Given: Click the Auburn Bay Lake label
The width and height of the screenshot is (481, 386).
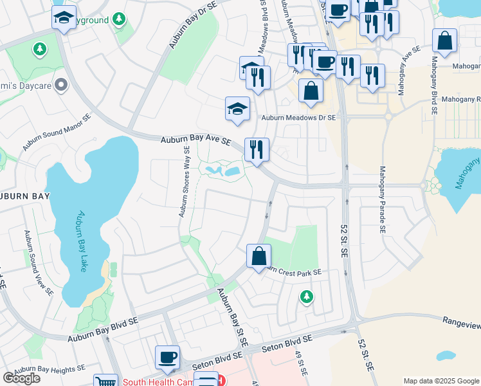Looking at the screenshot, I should [x=81, y=241].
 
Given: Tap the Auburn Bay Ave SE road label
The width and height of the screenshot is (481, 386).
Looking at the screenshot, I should [x=195, y=140].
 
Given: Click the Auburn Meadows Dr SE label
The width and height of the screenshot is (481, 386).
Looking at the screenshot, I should [x=298, y=118].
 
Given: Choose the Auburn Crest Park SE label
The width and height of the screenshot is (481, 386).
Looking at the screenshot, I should [x=293, y=271].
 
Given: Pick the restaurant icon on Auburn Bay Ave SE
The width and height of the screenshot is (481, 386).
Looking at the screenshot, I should [x=257, y=150].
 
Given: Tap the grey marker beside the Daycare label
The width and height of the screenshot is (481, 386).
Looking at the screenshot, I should [x=61, y=84].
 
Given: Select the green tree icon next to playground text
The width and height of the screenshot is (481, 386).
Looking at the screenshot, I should [x=118, y=20].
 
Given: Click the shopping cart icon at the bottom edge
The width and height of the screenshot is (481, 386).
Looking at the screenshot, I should [x=105, y=381].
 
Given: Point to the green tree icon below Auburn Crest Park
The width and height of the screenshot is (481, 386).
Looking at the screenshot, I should [x=307, y=296].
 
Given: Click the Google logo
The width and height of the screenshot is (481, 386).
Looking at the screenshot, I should [x=21, y=378].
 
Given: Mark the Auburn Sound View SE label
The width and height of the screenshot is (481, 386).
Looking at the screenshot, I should [x=38, y=263].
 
